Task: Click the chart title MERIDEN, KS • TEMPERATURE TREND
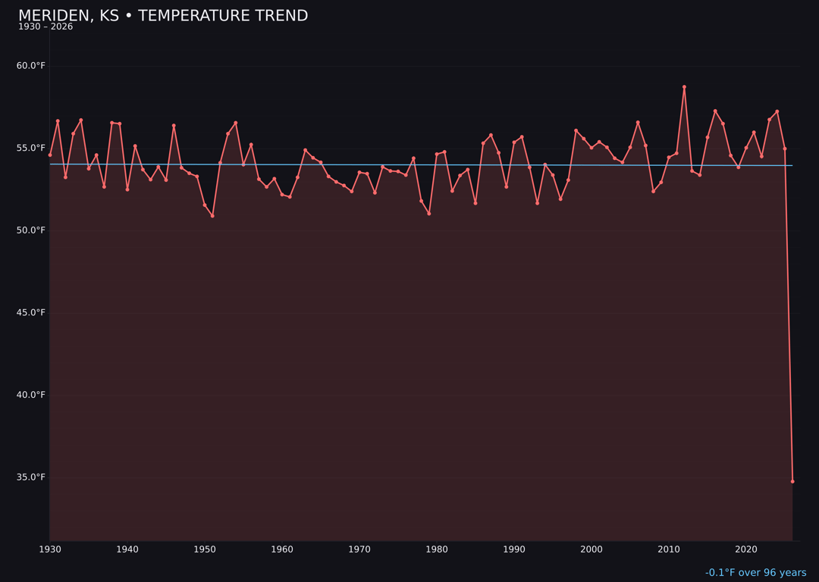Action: (163, 16)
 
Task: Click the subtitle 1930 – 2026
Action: (45, 27)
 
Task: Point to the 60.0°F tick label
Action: (31, 66)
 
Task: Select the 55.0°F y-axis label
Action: (31, 149)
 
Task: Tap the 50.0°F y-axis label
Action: (31, 230)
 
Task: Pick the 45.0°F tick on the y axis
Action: (31, 313)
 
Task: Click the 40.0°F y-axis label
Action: (31, 396)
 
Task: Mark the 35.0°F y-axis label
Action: (31, 477)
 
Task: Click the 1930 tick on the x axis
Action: (50, 549)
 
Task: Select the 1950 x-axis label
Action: (205, 549)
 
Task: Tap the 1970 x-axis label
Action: (359, 549)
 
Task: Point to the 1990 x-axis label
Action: (514, 549)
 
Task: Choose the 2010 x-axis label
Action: (669, 549)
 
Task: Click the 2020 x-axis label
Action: (746, 549)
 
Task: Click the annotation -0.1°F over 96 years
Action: (755, 573)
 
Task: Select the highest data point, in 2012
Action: (684, 87)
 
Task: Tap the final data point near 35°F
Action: (792, 481)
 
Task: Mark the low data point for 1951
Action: (212, 216)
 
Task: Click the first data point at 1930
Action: (50, 155)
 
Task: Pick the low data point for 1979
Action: (429, 214)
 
